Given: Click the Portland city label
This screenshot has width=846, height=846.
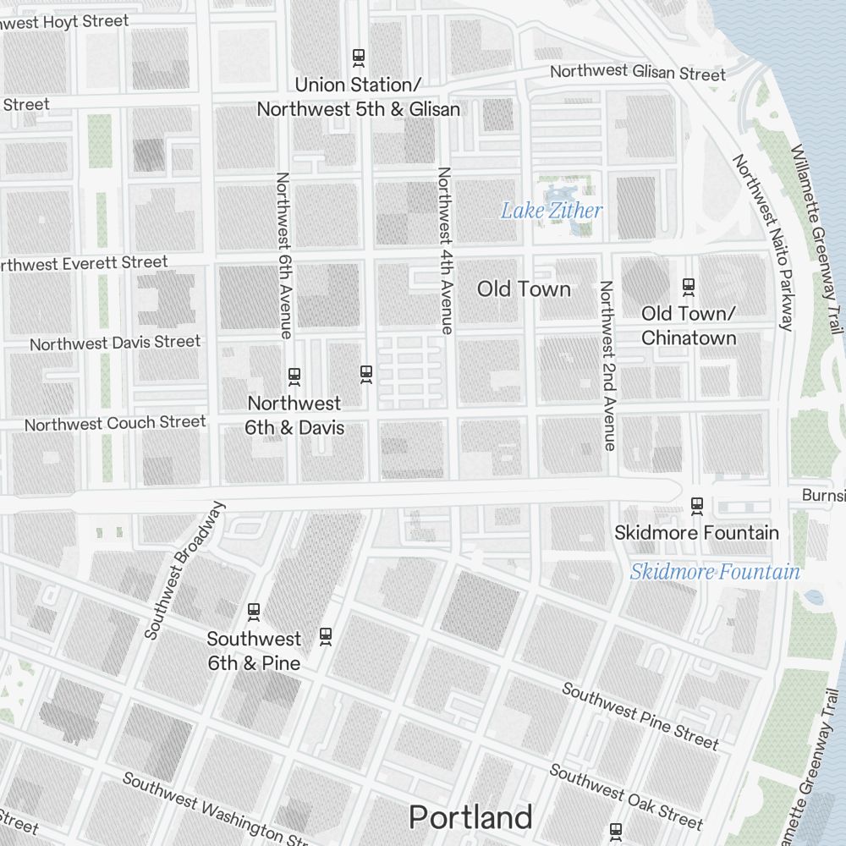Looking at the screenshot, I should (x=470, y=817).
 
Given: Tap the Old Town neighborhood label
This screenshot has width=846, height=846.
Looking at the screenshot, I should (x=524, y=289).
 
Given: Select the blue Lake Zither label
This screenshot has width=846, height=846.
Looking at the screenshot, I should (x=552, y=211).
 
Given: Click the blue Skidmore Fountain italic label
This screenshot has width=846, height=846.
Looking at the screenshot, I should (x=715, y=572).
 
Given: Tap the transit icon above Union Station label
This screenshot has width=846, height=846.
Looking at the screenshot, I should (x=359, y=58).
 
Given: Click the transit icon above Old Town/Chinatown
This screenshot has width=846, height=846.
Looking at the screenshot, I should (x=688, y=287).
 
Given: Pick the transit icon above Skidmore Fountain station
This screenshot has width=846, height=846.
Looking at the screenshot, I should (x=697, y=506).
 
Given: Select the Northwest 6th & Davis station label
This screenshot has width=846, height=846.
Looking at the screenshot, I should (x=294, y=415).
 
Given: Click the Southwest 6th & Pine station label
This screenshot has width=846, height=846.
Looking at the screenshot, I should (x=254, y=651).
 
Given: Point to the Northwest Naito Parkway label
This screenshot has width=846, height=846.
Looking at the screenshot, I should (x=764, y=242).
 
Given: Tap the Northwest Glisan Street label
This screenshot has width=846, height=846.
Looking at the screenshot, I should (x=638, y=73).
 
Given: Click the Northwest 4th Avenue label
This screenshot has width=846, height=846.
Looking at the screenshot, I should (x=445, y=250).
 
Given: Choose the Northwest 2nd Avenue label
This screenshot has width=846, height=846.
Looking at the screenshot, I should (x=606, y=365).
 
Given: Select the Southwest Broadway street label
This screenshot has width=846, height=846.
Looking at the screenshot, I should (x=185, y=570).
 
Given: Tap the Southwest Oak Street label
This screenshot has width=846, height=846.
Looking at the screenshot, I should (x=626, y=796).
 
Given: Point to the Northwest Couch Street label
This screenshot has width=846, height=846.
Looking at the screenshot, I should (x=115, y=423).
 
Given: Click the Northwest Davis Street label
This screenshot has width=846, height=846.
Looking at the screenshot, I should (x=115, y=343).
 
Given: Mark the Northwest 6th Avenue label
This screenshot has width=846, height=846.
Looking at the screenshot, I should (x=283, y=255).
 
